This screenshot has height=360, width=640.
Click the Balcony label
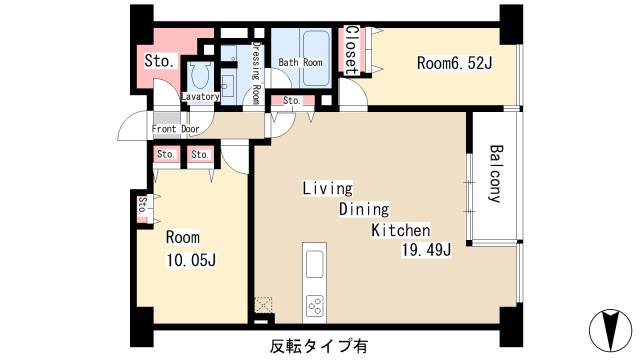(x=494, y=175)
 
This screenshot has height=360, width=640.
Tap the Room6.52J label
(x=455, y=62)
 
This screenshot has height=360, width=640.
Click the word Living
(x=328, y=188)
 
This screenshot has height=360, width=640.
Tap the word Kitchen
(x=401, y=230)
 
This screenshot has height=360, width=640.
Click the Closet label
(x=352, y=50)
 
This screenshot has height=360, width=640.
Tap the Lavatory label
(x=200, y=97)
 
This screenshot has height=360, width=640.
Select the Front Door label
(x=175, y=129)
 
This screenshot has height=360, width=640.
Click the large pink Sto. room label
(x=159, y=61)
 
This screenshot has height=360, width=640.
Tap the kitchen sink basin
(x=314, y=264)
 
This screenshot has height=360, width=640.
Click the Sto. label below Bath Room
(x=292, y=101)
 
